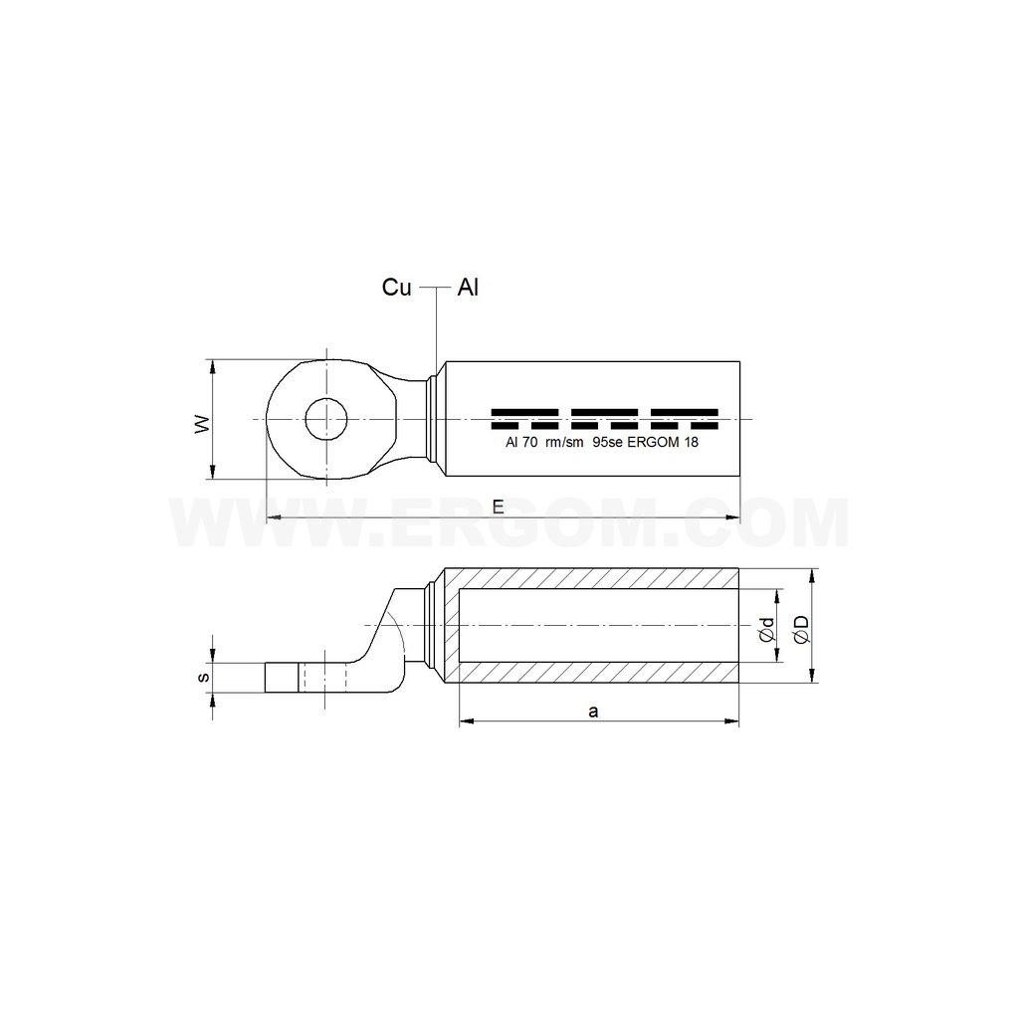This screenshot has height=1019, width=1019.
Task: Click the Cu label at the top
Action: (x=397, y=288)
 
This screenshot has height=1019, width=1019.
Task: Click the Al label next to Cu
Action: (x=468, y=288)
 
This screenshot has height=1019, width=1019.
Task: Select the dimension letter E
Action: (x=498, y=507)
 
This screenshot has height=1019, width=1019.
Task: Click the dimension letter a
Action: (x=594, y=711)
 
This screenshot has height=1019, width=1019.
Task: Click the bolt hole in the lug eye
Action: (x=326, y=419)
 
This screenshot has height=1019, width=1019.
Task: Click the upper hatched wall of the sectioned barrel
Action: (x=597, y=578)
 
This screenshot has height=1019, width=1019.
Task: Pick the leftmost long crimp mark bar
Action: (x=524, y=411)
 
